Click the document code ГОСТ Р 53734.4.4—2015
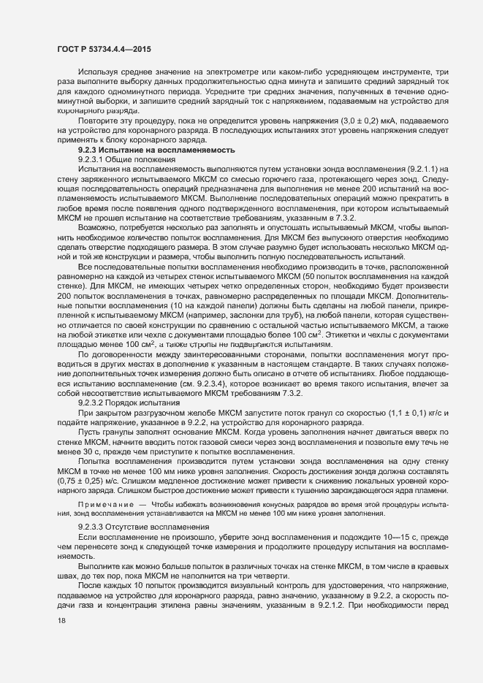point(100,48)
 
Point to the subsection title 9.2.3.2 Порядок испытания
point(124,382)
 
